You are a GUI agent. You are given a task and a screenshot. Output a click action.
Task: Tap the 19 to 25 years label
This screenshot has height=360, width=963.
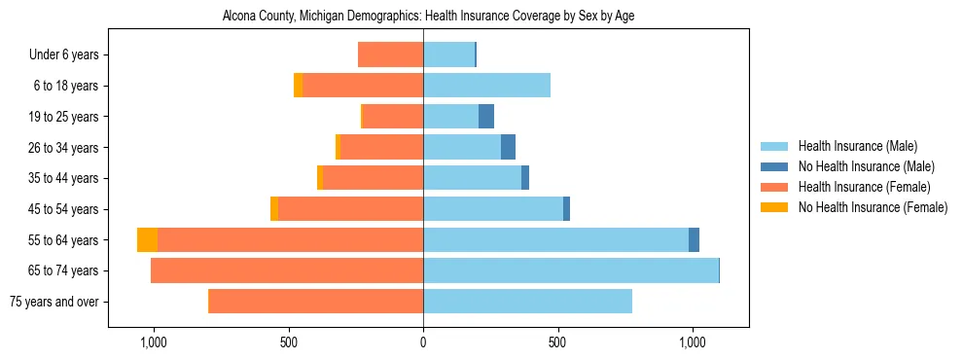(x=64, y=117)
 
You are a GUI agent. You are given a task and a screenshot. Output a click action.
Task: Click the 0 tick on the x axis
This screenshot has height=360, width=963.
(x=423, y=342)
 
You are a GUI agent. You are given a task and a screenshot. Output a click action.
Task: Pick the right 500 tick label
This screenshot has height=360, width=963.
(x=557, y=342)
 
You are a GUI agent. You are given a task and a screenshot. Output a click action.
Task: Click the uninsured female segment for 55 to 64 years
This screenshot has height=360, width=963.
(x=147, y=240)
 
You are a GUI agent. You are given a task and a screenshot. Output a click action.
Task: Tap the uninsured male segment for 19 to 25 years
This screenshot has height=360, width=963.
(x=486, y=117)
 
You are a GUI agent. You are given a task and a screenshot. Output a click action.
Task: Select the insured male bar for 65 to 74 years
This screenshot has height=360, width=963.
(x=570, y=270)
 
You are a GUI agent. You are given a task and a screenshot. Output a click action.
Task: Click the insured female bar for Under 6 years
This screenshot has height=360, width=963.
(x=390, y=55)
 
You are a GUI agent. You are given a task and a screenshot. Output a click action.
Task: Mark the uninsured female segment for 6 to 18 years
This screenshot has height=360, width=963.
(x=298, y=86)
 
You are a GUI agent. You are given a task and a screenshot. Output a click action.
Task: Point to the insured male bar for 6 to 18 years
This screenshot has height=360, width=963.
(x=486, y=86)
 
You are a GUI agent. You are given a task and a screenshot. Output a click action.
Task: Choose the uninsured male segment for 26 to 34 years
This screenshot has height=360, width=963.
(x=508, y=148)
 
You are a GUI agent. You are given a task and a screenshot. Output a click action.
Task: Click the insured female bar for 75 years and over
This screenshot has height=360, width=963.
(x=316, y=302)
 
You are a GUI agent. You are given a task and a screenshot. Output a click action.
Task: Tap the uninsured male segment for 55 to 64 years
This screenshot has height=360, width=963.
(x=694, y=240)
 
